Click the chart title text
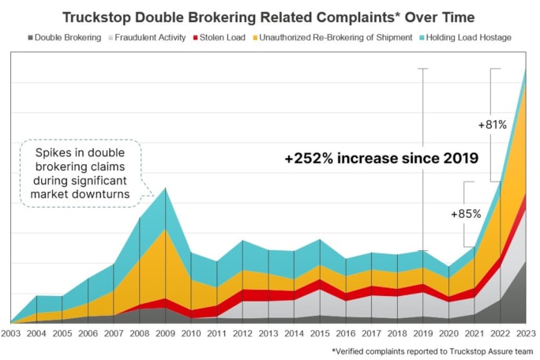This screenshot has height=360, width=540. click(x=269, y=16)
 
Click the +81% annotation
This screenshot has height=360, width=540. click(x=492, y=124)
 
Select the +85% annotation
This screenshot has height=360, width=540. click(x=464, y=213)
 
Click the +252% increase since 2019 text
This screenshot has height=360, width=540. click(x=381, y=159)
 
